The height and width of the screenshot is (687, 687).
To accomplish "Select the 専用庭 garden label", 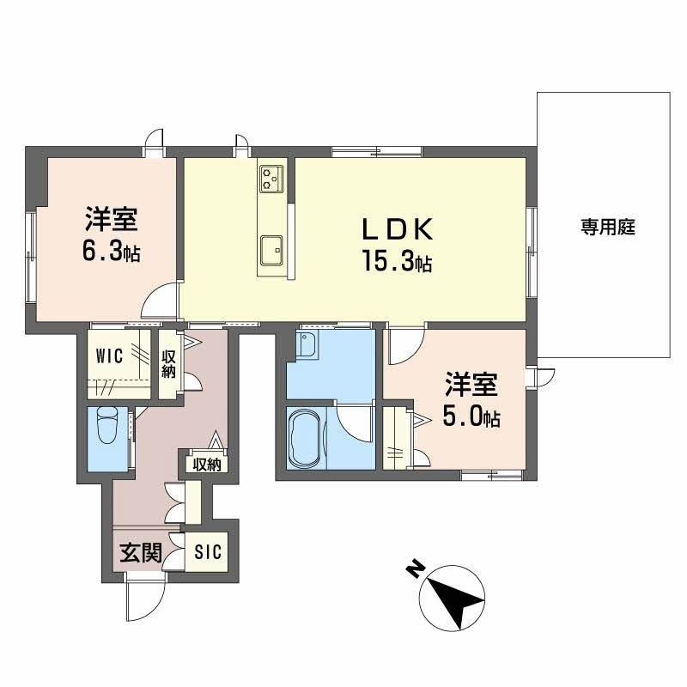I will coord(606,228).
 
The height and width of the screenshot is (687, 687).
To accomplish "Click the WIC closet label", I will coord(111,356).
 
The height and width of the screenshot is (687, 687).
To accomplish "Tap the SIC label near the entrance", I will coord(207,551).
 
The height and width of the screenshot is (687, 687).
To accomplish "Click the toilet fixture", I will coord(108,427).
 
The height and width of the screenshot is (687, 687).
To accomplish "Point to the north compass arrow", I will coord(454,598).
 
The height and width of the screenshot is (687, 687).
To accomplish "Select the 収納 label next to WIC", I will coord(168,363).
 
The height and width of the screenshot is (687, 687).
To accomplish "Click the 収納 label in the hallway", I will coord(207,465).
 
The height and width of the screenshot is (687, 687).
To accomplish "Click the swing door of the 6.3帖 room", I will coord(161,301).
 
